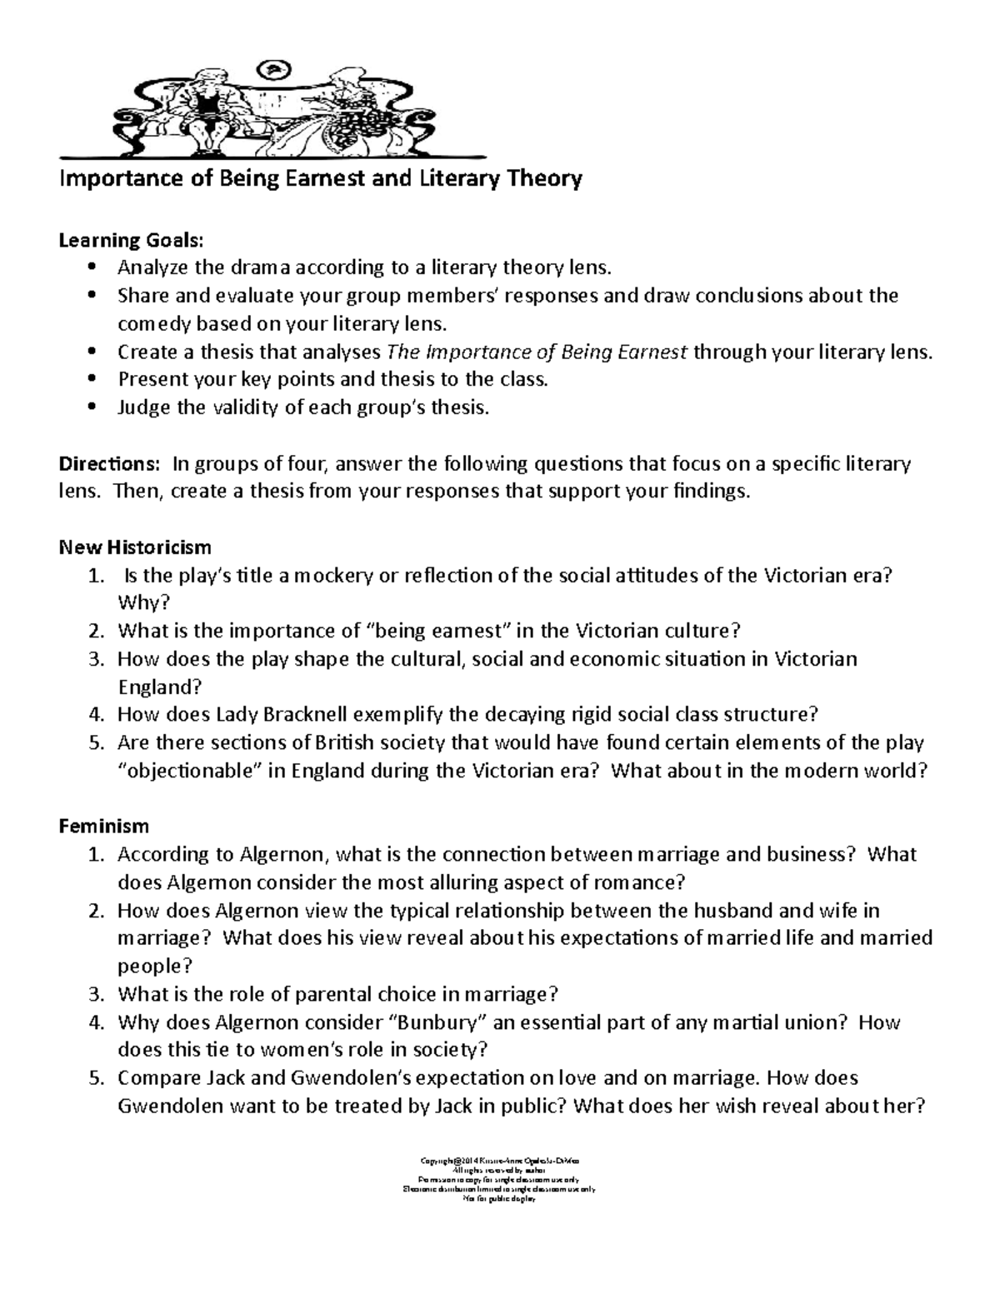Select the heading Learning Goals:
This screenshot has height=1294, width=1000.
[130, 240]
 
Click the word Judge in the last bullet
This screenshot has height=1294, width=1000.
[142, 407]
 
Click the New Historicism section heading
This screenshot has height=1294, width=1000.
[134, 547]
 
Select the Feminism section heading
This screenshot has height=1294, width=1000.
[103, 826]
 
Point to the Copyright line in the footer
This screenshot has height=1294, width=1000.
[500, 1160]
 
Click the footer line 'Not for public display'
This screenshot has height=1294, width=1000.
[500, 1199]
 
